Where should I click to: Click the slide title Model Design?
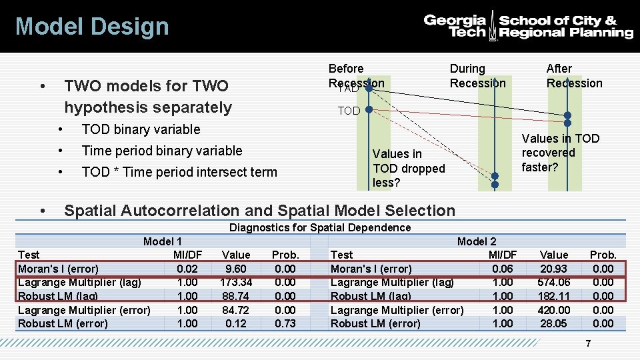point(92,27)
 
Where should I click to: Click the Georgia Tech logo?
point(528,26)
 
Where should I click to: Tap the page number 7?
point(587,344)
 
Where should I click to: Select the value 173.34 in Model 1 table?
point(236,282)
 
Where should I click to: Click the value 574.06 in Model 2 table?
point(553,282)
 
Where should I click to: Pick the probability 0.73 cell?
point(285,323)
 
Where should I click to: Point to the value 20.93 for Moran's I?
point(553,269)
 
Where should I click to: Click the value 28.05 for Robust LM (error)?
point(553,323)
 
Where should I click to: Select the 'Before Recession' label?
point(355,75)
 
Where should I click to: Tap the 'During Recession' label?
point(477,75)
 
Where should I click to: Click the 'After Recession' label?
point(574,75)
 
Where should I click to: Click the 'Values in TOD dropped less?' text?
point(409,168)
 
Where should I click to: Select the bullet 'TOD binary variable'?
point(141,129)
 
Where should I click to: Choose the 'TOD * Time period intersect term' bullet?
point(179,172)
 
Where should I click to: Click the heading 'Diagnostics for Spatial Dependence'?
point(320,228)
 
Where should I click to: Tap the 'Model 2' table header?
point(476,241)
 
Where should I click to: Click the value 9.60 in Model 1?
point(236,269)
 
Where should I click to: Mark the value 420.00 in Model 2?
point(553,310)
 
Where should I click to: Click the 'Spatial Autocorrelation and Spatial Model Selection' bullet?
point(259,211)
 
